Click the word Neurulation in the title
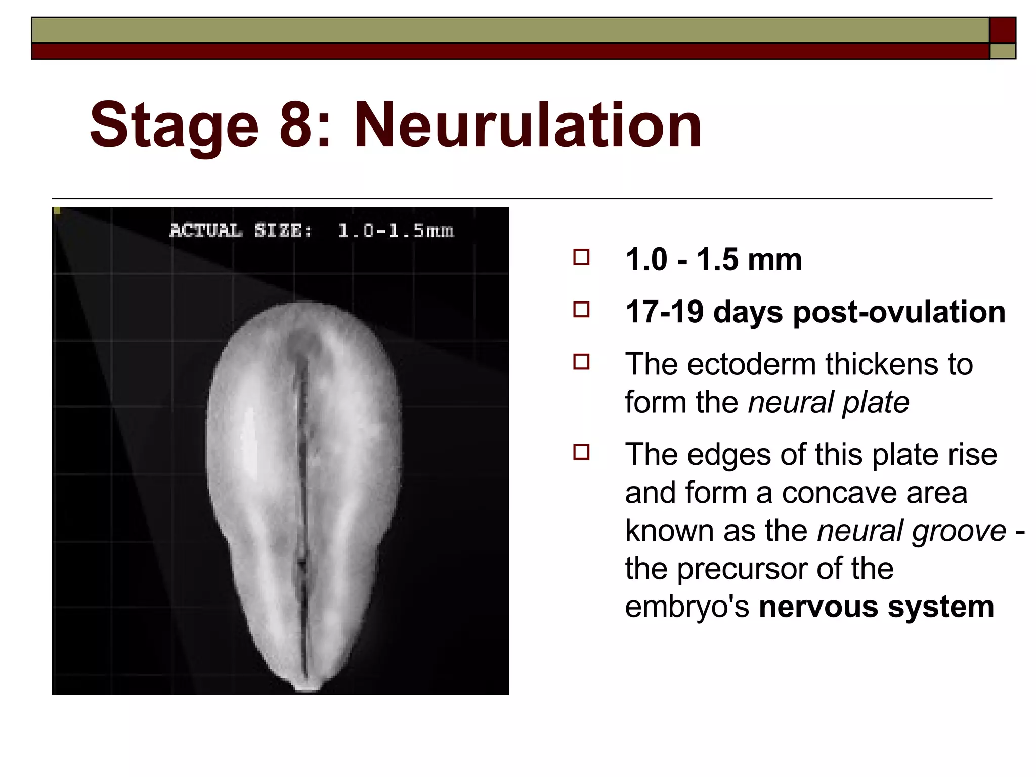click(528, 125)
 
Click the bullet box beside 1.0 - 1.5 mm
click(581, 257)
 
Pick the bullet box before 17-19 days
click(581, 310)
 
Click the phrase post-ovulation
click(899, 312)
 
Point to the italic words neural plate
click(828, 403)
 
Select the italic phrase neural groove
click(912, 531)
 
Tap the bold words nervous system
click(876, 607)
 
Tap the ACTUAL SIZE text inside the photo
click(241, 231)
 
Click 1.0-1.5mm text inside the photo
click(396, 231)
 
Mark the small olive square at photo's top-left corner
click(57, 211)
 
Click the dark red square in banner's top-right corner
click(1002, 30)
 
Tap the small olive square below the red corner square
click(1002, 51)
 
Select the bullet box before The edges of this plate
click(581, 452)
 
